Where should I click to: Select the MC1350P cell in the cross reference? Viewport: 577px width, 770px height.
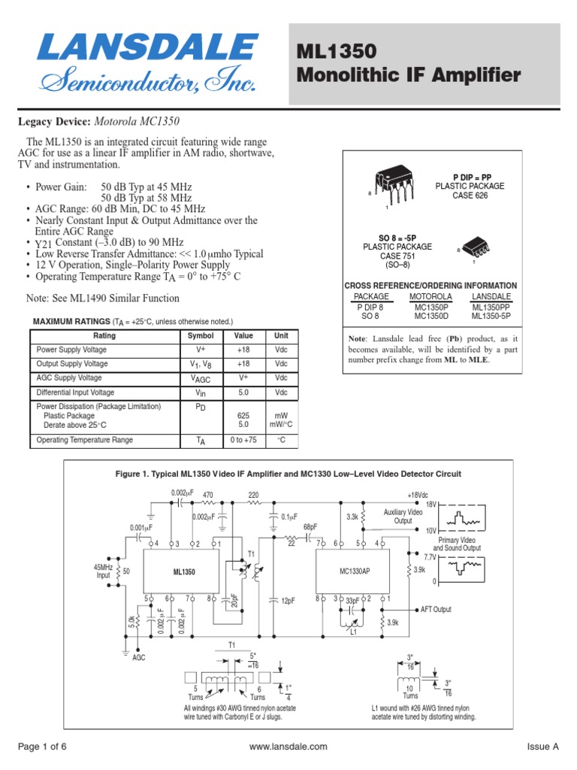[430, 307]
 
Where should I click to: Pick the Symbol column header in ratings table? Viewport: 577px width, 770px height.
[200, 336]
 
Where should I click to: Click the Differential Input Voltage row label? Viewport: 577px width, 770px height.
[75, 393]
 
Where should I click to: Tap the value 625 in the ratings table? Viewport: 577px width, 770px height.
[243, 415]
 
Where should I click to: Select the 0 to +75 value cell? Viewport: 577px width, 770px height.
[243, 441]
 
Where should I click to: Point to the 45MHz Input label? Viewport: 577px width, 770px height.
[103, 571]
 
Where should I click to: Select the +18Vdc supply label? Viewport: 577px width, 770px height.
[418, 495]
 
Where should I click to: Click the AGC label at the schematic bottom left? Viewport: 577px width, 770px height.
[139, 656]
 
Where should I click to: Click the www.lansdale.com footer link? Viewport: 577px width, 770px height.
[288, 747]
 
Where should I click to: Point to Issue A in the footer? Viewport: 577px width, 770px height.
[543, 747]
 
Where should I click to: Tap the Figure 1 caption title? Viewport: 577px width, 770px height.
[288, 474]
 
